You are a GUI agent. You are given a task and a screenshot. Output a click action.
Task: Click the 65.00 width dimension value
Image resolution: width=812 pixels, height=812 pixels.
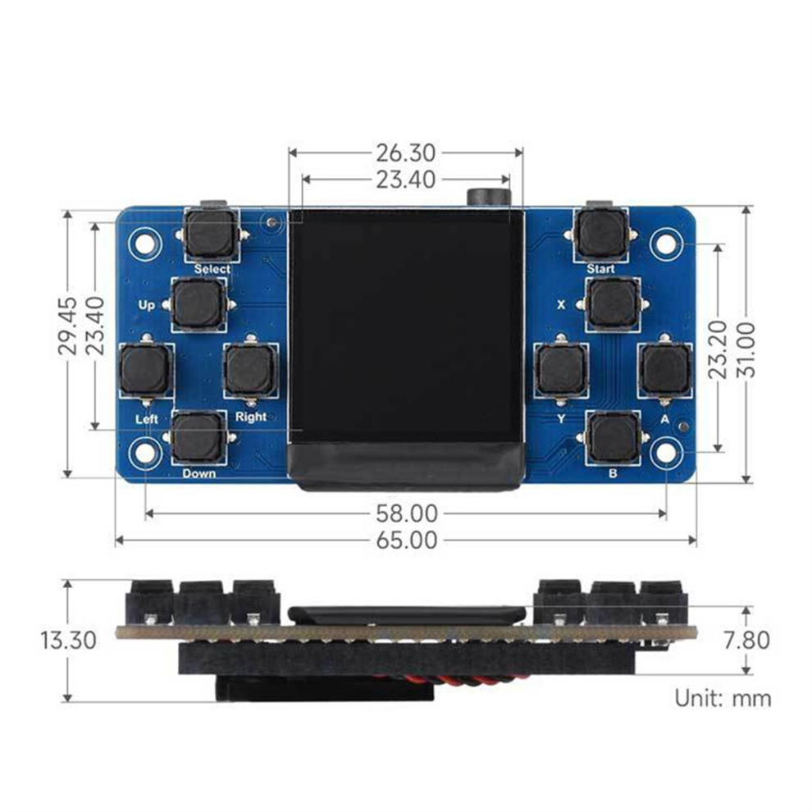pyautogui.click(x=407, y=541)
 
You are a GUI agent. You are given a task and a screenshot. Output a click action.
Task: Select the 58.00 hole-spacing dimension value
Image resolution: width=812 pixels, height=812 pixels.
pyautogui.click(x=407, y=513)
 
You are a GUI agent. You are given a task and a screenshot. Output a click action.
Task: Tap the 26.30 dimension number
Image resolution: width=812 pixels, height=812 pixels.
pyautogui.click(x=405, y=153)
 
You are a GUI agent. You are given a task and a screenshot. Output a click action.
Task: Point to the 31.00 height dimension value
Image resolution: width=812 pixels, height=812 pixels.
pyautogui.click(x=746, y=349)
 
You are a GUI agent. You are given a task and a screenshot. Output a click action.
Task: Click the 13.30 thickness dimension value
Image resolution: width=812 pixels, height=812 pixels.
pyautogui.click(x=69, y=641)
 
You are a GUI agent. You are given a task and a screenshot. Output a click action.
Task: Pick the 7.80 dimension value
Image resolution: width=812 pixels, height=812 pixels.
pyautogui.click(x=746, y=641)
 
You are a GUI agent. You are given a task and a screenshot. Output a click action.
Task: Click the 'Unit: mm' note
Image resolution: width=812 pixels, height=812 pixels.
pyautogui.click(x=723, y=699)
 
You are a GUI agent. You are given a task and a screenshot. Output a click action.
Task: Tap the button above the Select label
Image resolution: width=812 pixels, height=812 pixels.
pyautogui.click(x=212, y=234)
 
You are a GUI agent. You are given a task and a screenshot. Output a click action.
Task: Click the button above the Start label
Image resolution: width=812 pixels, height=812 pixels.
pyautogui.click(x=600, y=234)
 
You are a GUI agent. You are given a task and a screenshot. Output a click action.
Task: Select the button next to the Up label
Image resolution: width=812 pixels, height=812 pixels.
pyautogui.click(x=198, y=304)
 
